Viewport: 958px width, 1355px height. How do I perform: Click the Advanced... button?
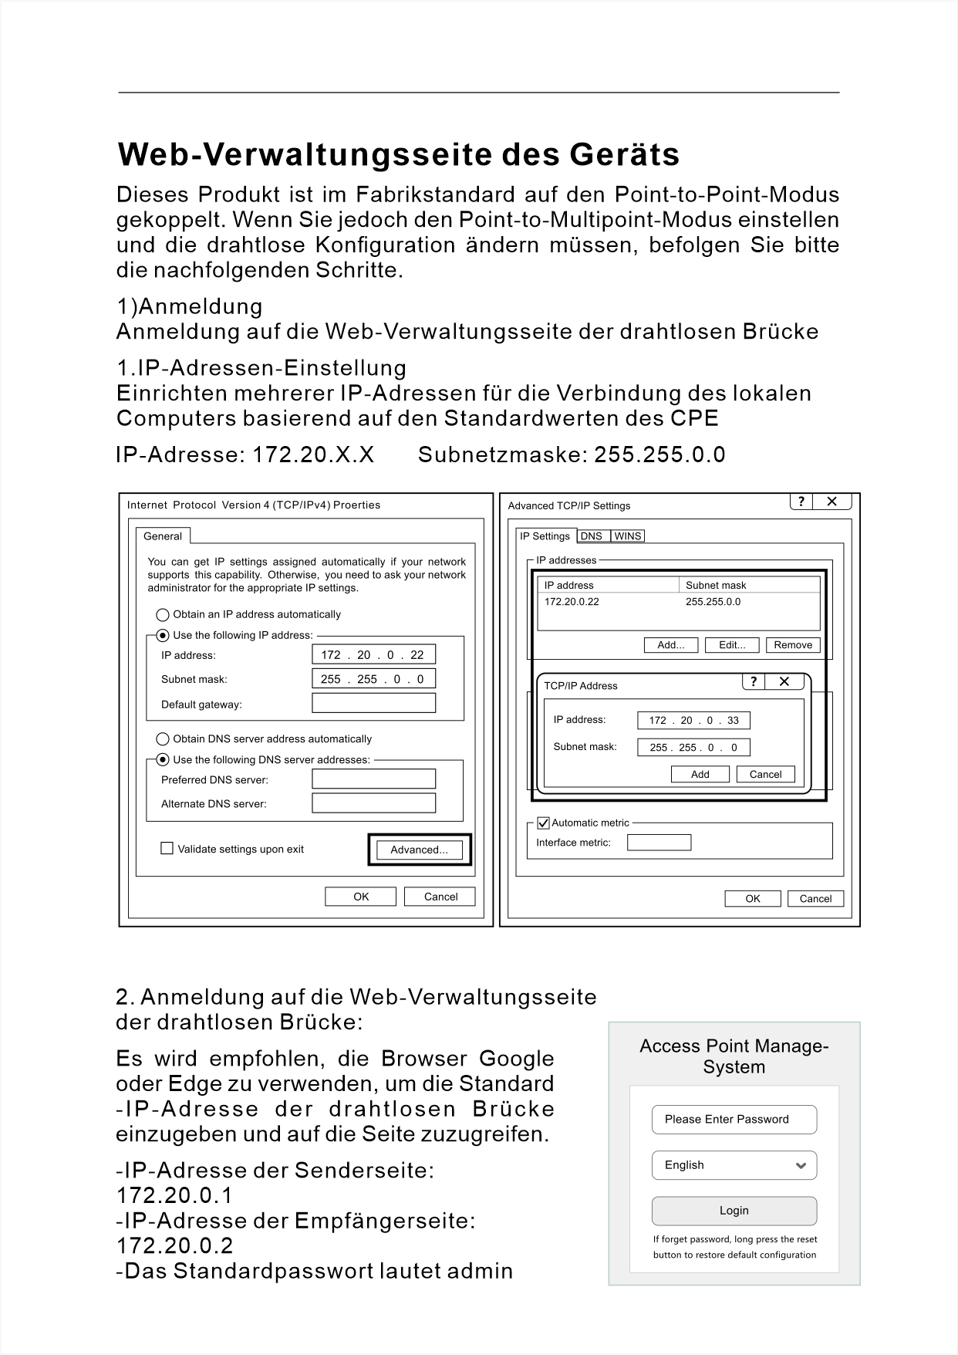(419, 850)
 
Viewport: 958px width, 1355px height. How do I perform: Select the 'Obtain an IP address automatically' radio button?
(163, 615)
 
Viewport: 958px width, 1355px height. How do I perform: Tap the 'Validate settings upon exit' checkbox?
(167, 849)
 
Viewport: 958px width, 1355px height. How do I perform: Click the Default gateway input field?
(373, 703)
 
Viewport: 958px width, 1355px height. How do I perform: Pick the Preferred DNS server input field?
(373, 779)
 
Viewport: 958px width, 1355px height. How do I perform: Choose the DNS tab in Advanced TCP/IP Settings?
(592, 536)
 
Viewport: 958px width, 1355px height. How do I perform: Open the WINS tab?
(628, 536)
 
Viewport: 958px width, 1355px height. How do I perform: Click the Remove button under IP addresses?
(793, 645)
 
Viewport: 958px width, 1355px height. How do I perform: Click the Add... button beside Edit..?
(670, 645)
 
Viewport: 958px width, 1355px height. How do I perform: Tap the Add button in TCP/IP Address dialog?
(700, 774)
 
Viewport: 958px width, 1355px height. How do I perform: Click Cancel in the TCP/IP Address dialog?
(765, 774)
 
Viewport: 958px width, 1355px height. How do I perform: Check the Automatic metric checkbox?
(543, 823)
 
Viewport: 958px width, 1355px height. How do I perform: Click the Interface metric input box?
(659, 843)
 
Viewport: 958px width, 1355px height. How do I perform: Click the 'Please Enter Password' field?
(734, 1120)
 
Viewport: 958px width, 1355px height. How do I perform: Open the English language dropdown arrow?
(801, 1165)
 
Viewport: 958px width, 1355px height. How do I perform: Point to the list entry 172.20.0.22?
(572, 602)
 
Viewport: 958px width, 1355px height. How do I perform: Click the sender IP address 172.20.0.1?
(174, 1195)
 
